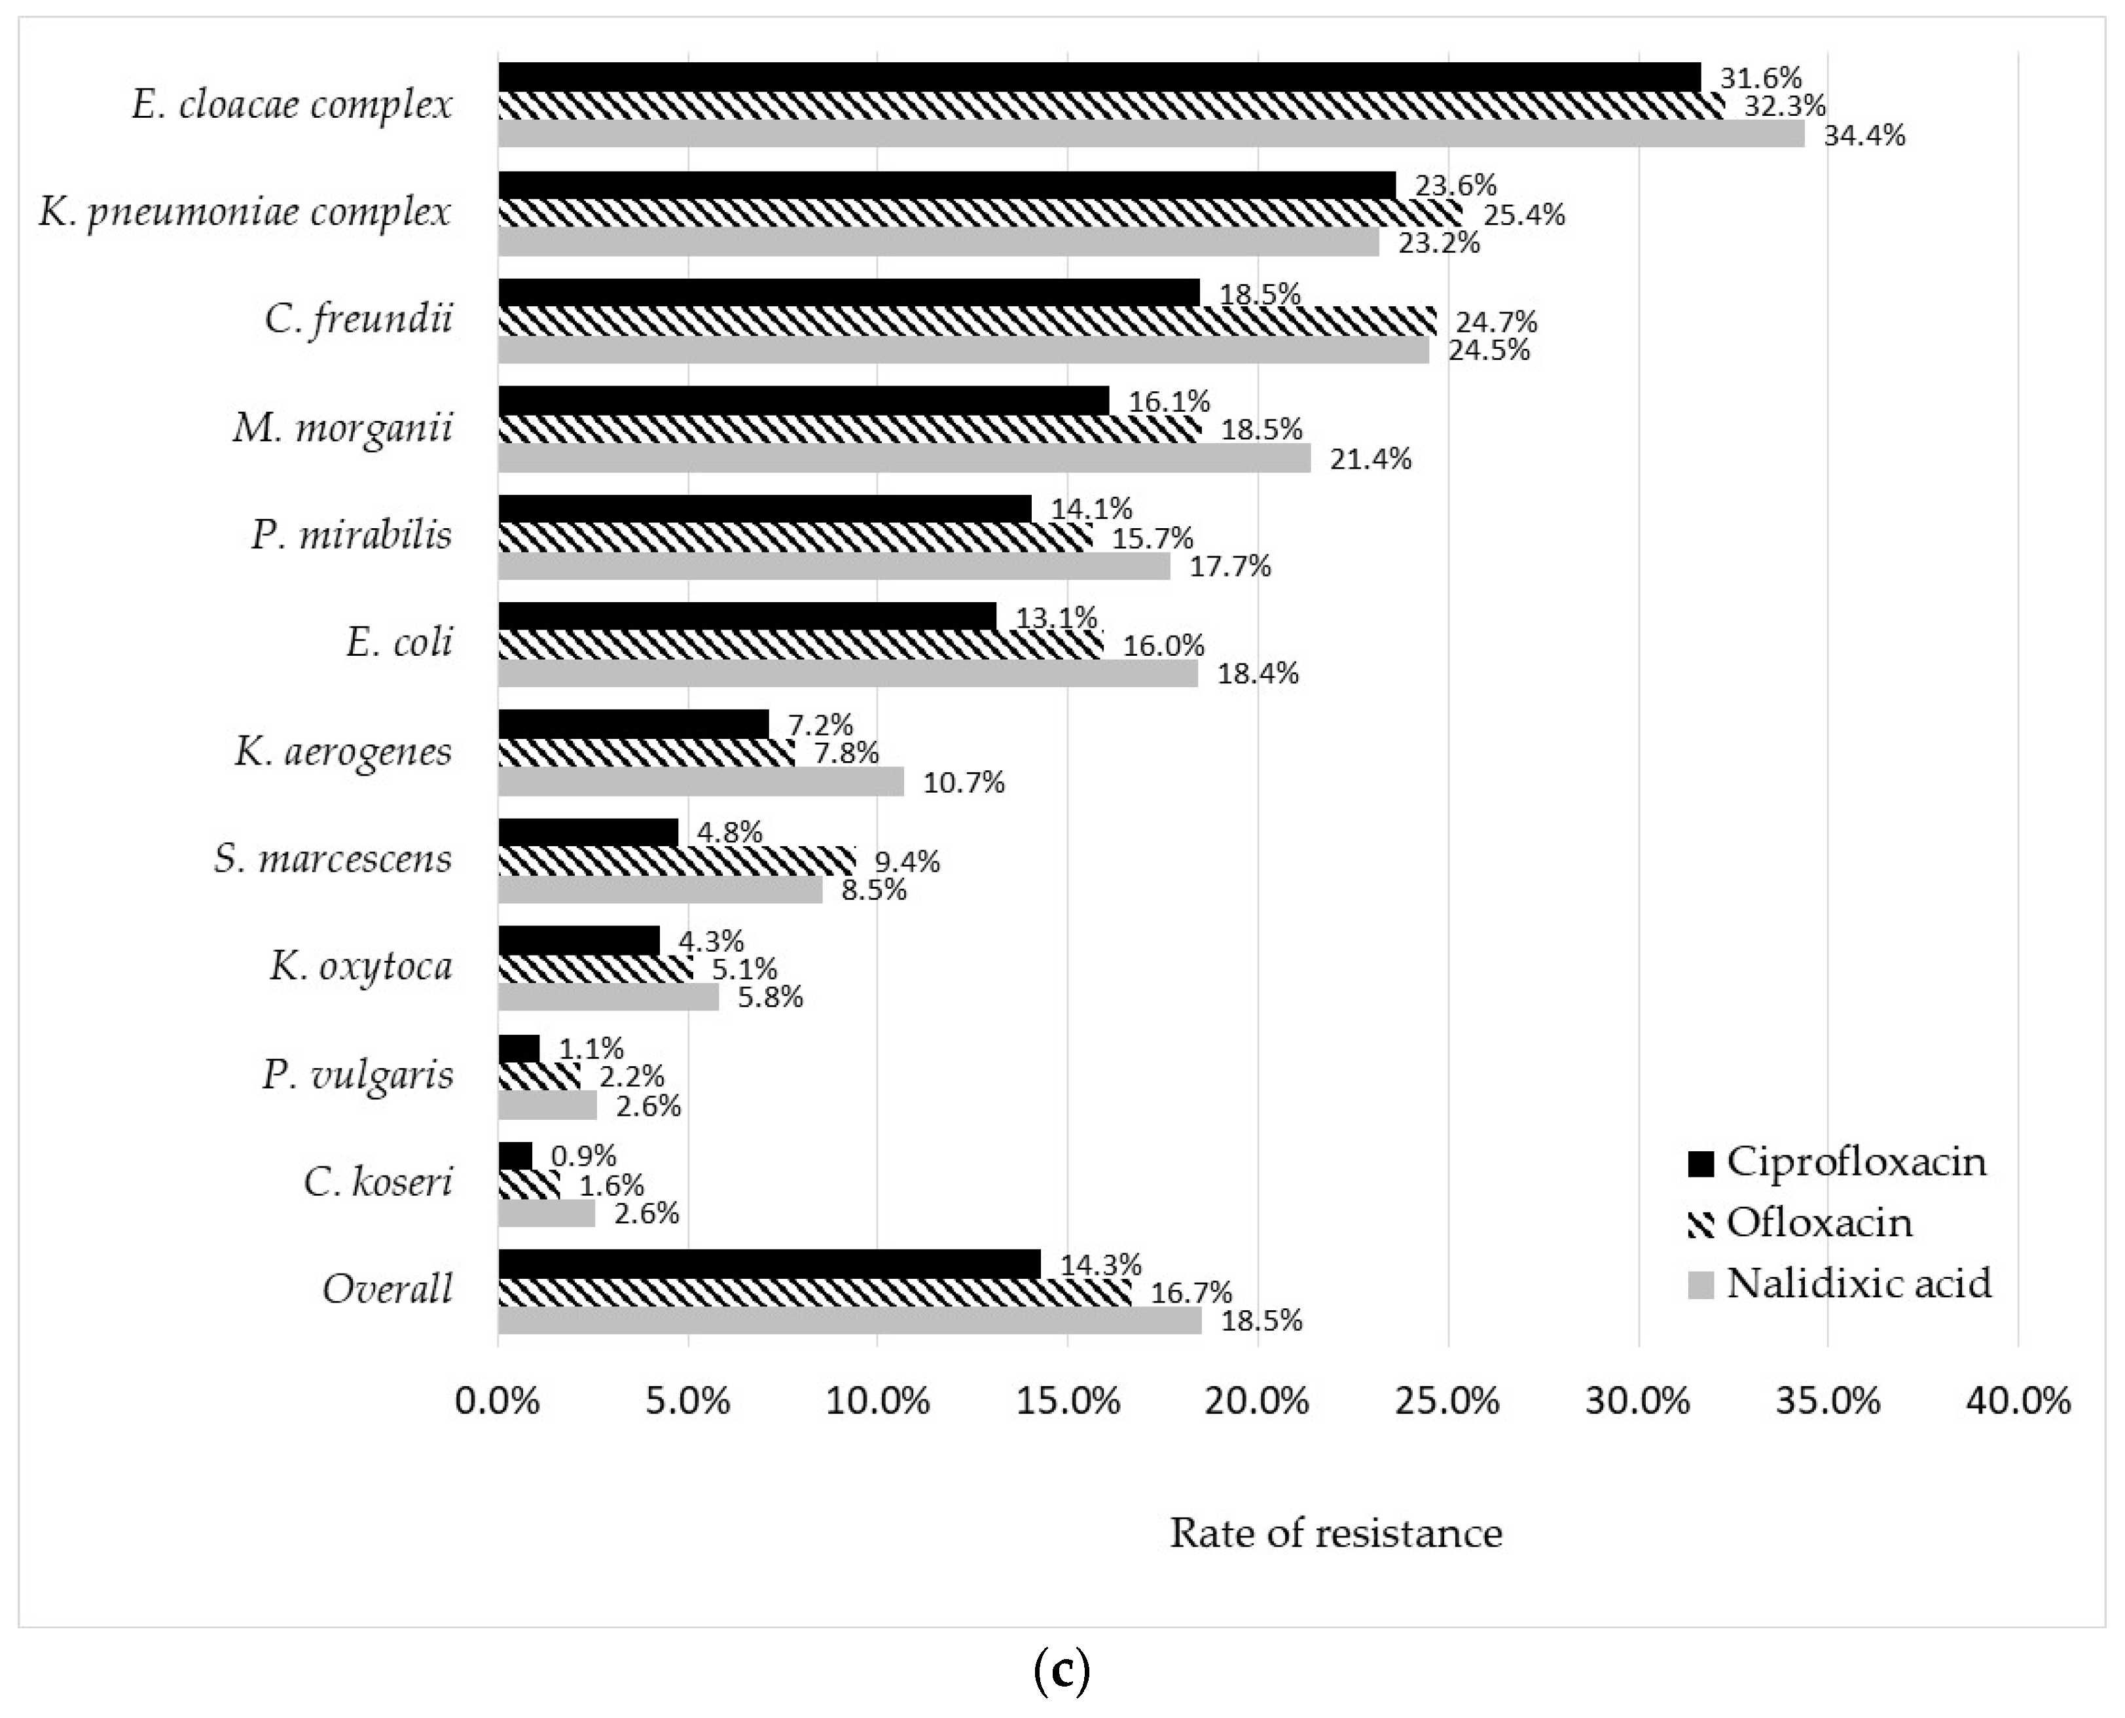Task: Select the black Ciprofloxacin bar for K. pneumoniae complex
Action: point(945,185)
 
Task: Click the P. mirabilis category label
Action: point(352,535)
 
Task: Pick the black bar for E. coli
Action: point(747,616)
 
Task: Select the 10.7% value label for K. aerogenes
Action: point(963,783)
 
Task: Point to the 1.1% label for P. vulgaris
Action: point(591,1048)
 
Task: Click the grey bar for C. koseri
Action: point(547,1213)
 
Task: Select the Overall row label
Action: point(387,1289)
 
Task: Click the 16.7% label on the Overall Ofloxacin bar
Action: point(1191,1293)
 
